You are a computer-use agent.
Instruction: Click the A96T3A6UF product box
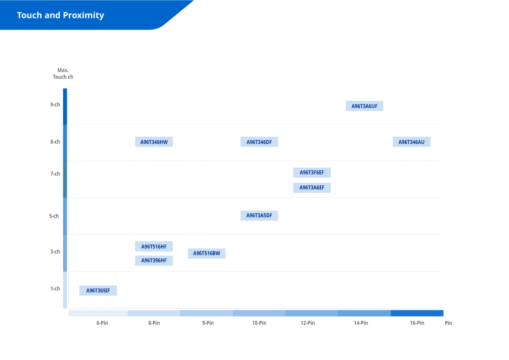364,106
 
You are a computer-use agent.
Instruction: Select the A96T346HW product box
154,142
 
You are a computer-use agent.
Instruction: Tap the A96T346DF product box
259,142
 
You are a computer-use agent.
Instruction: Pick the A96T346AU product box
412,142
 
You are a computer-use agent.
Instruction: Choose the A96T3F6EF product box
312,173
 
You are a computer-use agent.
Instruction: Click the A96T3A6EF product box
312,188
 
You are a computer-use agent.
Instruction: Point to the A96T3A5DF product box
259,216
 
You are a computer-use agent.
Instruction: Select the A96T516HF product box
154,247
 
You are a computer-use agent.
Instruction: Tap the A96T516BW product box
206,254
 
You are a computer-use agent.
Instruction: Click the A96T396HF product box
154,260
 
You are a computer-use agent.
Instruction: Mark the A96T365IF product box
98,291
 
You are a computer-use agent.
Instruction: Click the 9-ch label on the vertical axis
55,104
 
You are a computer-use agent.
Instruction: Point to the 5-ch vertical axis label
54,216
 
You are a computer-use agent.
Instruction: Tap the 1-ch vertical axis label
55,289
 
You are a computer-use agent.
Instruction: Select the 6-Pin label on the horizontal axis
102,323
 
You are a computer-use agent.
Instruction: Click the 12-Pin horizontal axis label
308,323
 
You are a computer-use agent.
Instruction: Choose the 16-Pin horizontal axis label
417,323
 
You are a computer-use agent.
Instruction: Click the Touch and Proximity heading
61,15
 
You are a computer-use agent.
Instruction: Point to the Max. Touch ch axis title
63,74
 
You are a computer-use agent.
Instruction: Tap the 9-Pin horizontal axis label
208,323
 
